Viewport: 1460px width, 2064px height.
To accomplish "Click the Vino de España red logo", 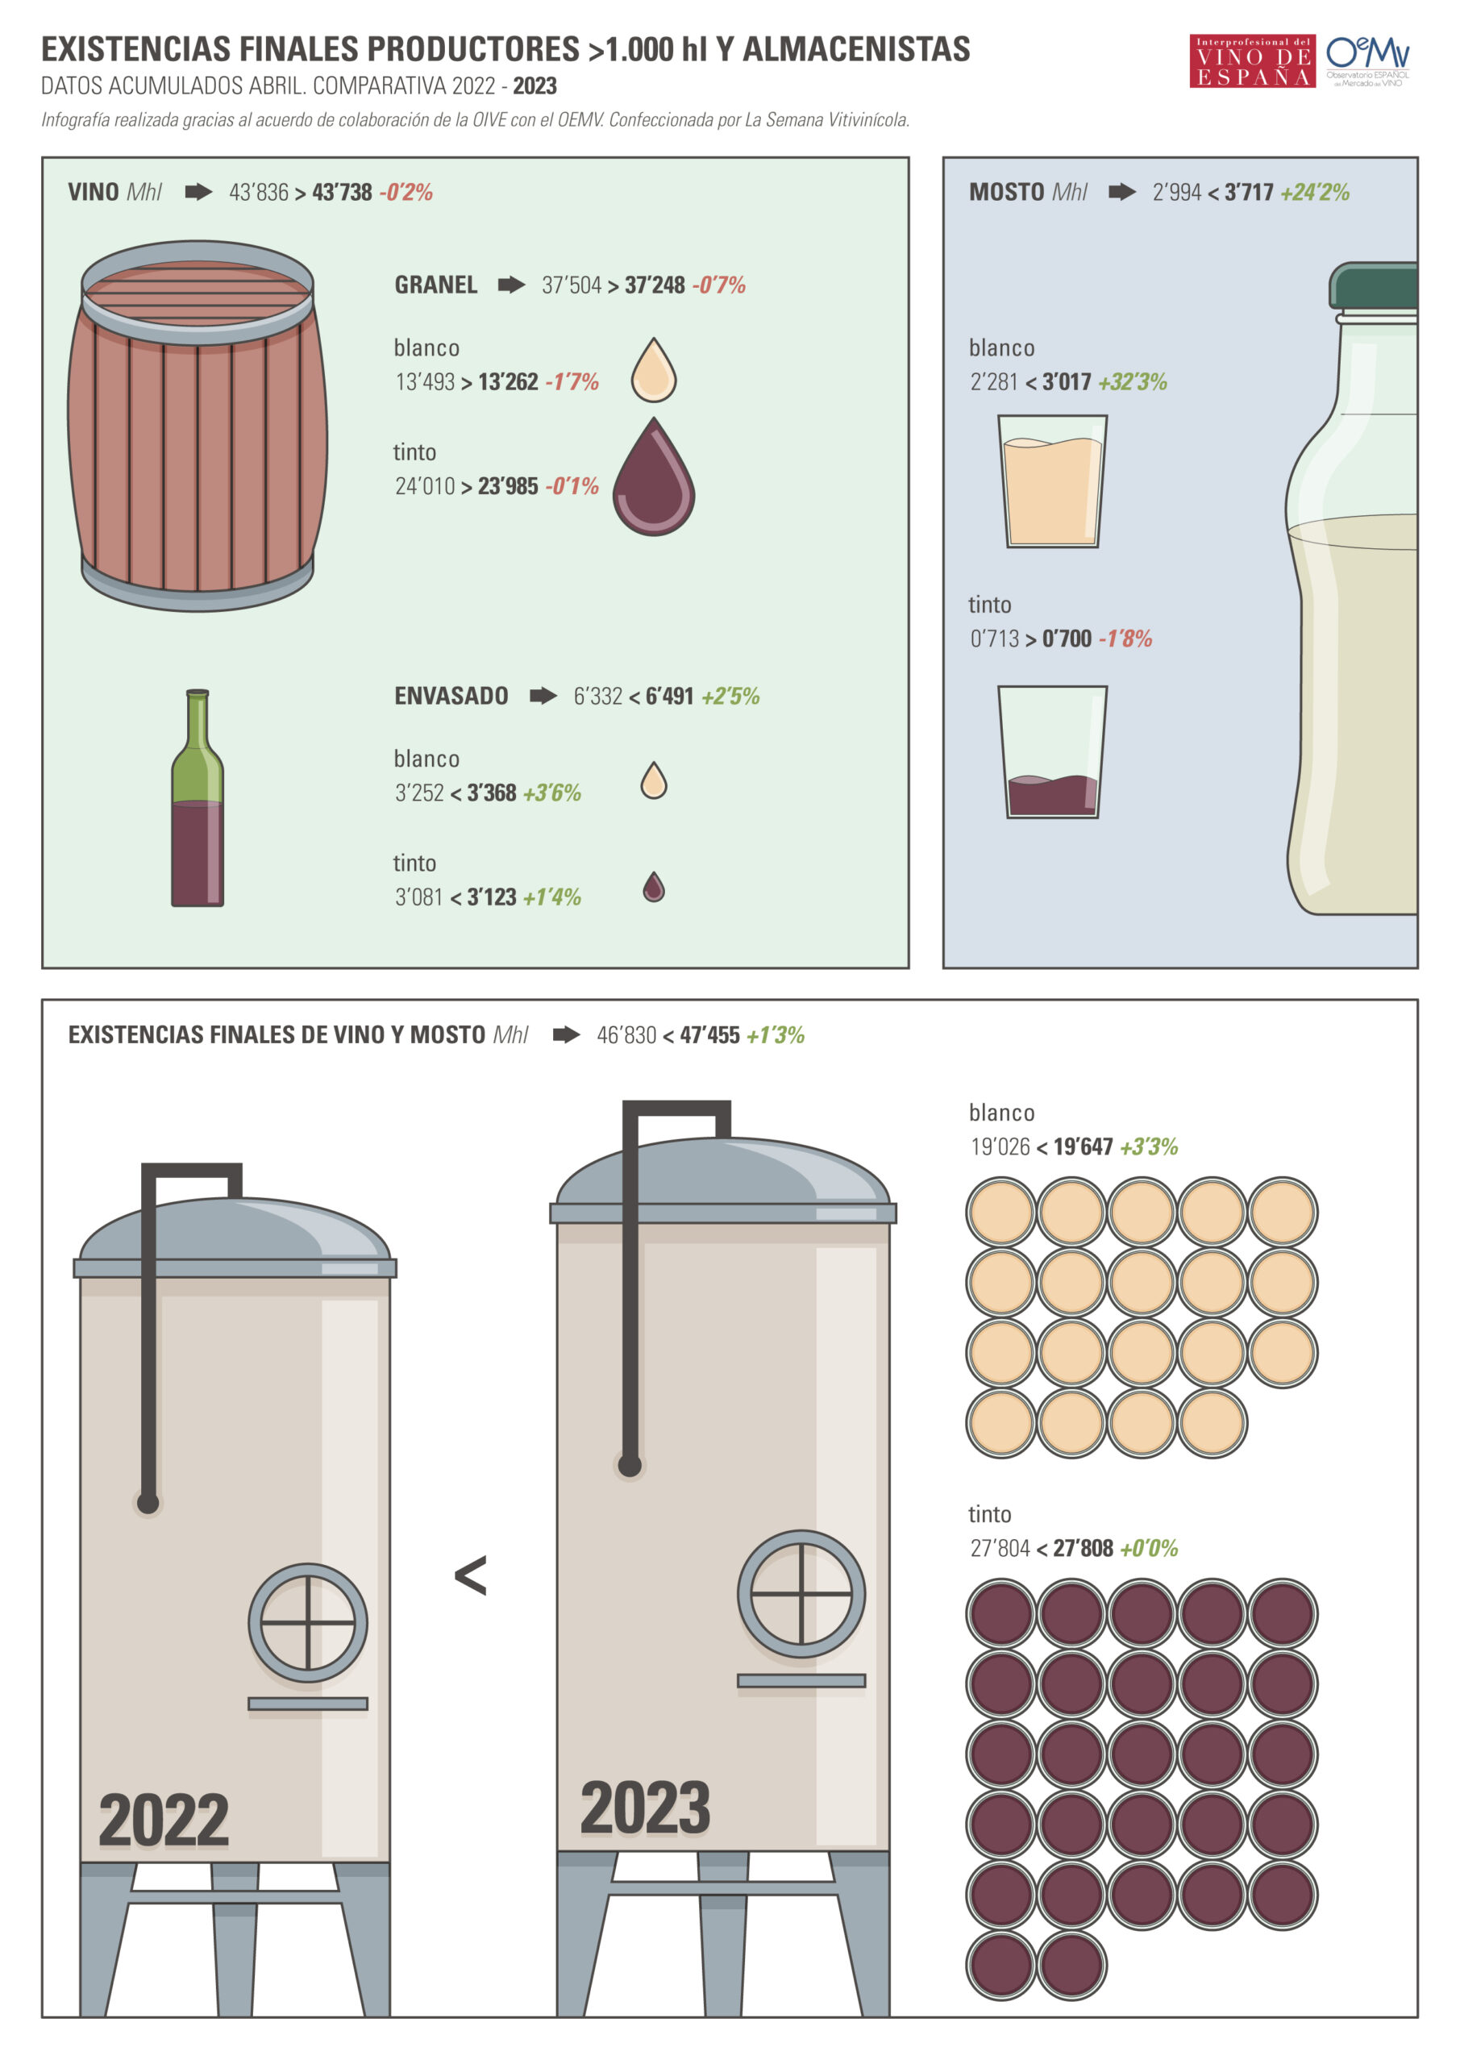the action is click(1252, 61).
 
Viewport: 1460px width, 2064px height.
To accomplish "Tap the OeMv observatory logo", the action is click(1367, 60).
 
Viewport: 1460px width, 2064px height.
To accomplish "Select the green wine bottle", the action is click(198, 797).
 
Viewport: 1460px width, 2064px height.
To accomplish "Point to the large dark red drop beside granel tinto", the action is click(654, 476).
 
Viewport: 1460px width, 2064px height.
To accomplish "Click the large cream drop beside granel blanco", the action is click(654, 369).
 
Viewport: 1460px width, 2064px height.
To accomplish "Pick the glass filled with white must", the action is click(1053, 481).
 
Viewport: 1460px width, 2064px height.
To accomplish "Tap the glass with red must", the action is click(1053, 751).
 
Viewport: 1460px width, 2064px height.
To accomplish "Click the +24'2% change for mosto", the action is click(1315, 193).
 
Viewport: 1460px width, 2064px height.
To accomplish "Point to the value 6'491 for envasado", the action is click(670, 696).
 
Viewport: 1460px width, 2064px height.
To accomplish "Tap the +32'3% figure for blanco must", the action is click(1133, 382).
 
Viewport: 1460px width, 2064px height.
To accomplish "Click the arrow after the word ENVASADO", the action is click(543, 696).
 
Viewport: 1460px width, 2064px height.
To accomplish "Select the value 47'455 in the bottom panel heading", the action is click(710, 1034).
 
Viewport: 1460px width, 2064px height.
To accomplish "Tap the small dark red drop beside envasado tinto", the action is click(654, 886).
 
